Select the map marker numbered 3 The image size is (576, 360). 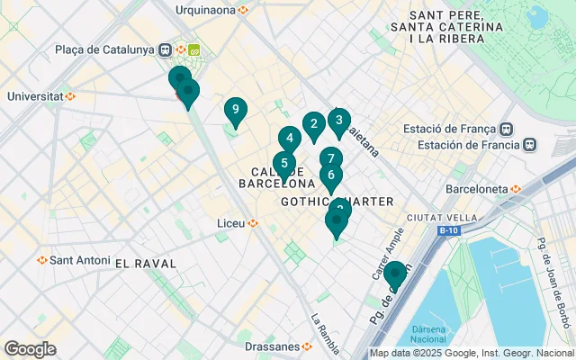tap(338, 120)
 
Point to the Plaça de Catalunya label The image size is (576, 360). tap(105, 49)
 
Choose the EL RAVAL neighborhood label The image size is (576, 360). tap(146, 263)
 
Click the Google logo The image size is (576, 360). tap(30, 348)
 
